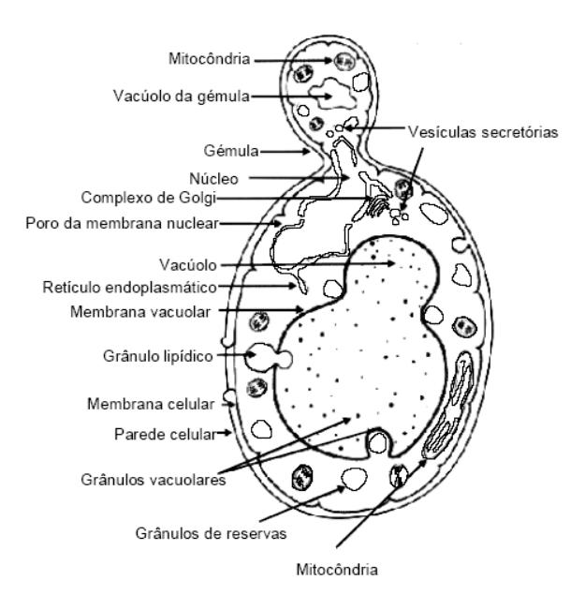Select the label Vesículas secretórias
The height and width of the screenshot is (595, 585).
pos(483,133)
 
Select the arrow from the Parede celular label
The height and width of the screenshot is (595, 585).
pos(223,434)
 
